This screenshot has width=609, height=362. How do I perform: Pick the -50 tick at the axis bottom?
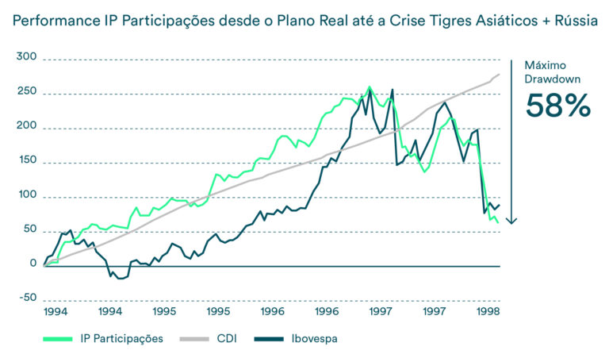coord(25,298)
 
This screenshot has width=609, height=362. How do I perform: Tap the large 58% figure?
coord(558,106)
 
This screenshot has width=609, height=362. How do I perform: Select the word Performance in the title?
coord(55,20)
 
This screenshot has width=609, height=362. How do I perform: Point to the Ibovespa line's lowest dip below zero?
coord(121,279)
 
